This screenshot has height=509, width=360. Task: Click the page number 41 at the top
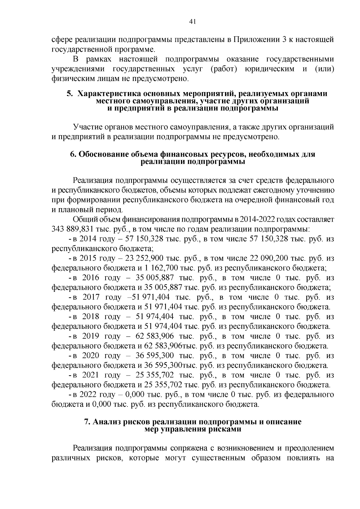193,21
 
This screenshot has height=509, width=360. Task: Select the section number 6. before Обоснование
73,154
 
